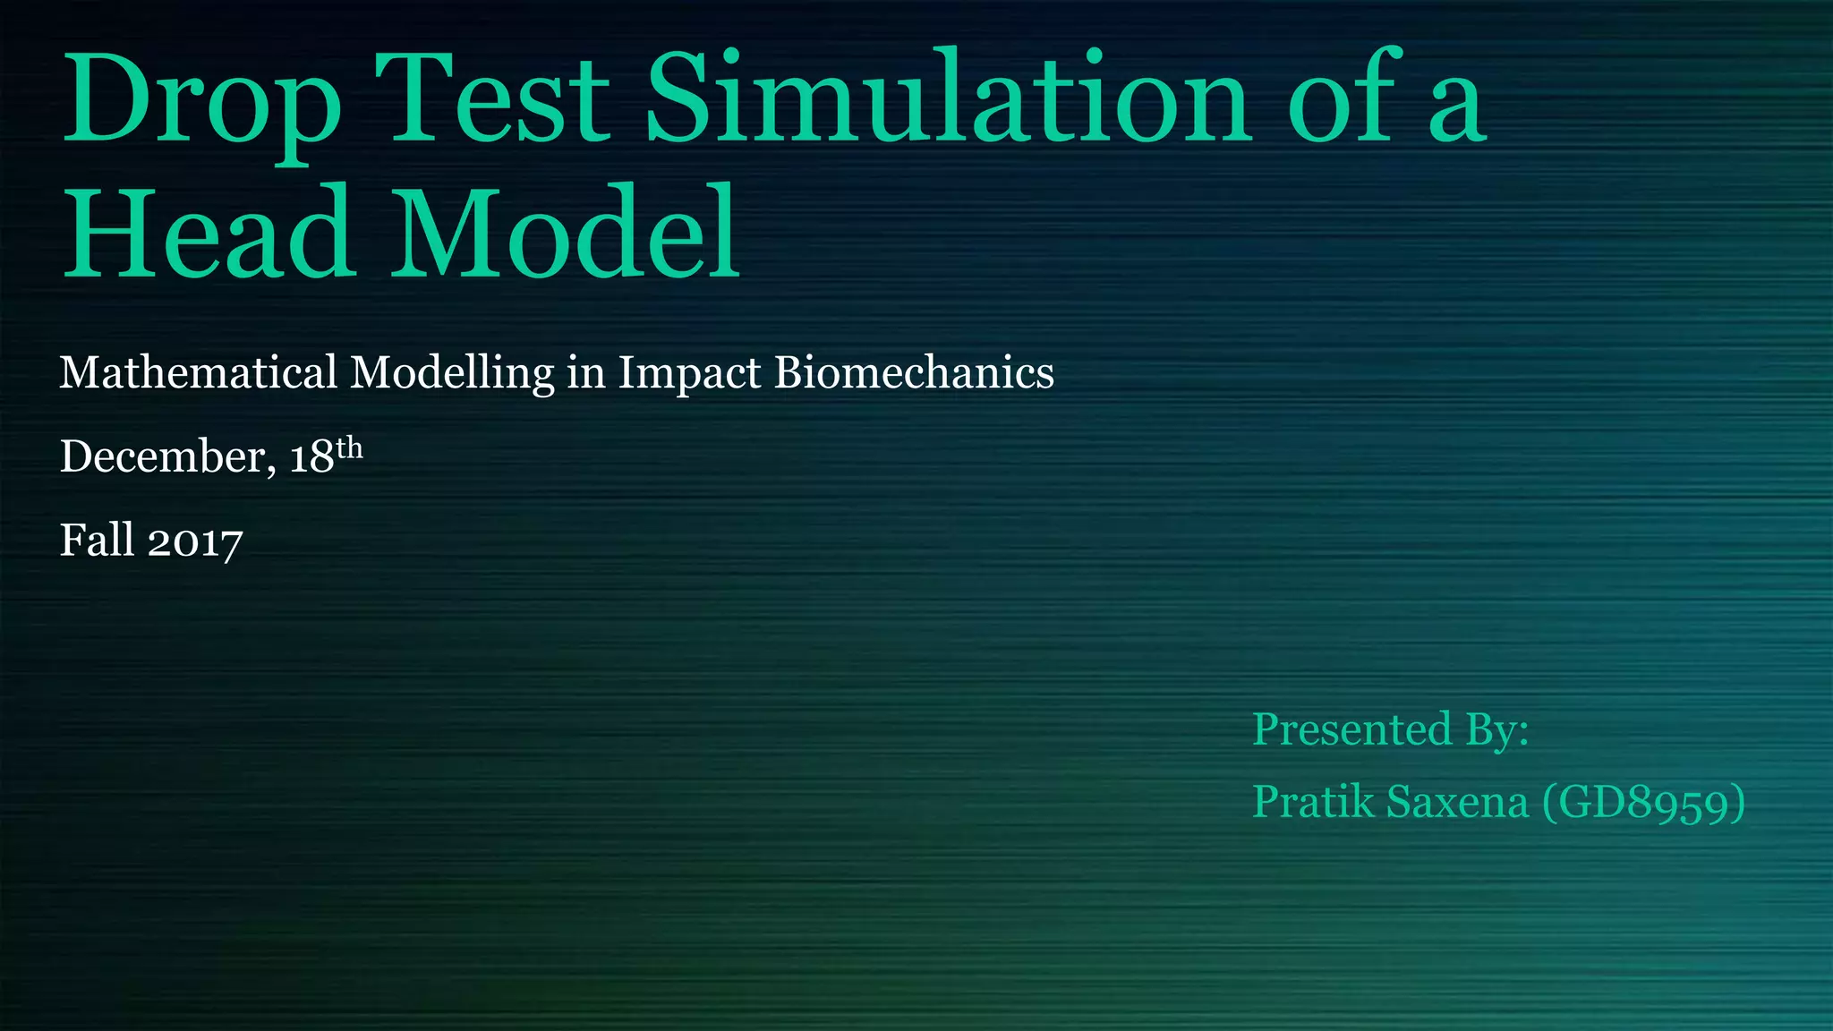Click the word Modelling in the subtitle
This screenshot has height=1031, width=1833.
(x=452, y=374)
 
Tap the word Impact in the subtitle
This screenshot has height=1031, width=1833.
(x=688, y=374)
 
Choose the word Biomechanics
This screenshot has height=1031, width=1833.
(x=914, y=372)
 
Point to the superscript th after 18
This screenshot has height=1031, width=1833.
(x=349, y=447)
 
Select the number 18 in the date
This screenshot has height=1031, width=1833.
(x=311, y=457)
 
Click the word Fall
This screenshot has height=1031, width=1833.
(x=97, y=541)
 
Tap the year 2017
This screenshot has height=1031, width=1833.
(x=195, y=543)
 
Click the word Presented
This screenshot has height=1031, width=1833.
(x=1351, y=729)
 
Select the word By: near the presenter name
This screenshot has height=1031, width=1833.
(x=1496, y=730)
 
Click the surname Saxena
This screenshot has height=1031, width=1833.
(x=1457, y=802)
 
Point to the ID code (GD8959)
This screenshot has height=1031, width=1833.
(x=1643, y=803)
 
